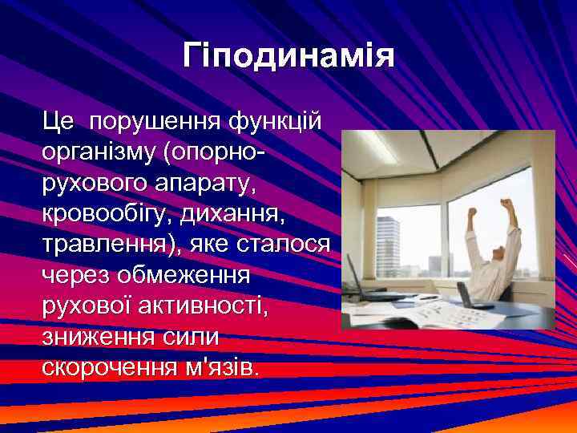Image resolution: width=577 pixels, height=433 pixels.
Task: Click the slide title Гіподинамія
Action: tap(288, 57)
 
